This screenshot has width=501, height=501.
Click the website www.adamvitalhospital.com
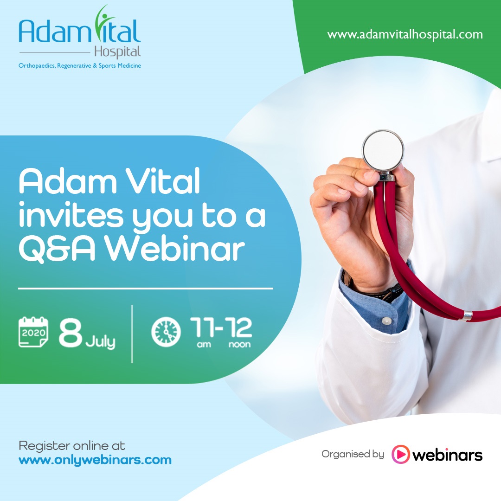tap(405, 34)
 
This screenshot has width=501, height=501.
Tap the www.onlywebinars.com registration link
tap(95, 460)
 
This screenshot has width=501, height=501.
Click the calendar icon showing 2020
tap(33, 332)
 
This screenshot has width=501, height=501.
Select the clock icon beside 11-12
tap(166, 332)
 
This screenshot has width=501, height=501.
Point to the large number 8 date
tap(71, 332)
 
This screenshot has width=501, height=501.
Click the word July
tap(100, 342)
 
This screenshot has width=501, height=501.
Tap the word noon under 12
tap(240, 344)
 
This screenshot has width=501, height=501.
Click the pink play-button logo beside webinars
tap(401, 454)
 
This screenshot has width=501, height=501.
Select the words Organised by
tap(353, 454)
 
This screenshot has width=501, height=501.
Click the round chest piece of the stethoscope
tap(383, 150)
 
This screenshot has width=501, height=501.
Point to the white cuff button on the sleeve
tap(386, 321)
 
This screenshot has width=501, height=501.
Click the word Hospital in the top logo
tap(117, 52)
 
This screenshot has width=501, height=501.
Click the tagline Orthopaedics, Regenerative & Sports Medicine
tap(80, 66)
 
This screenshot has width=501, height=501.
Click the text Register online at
tap(72, 445)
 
